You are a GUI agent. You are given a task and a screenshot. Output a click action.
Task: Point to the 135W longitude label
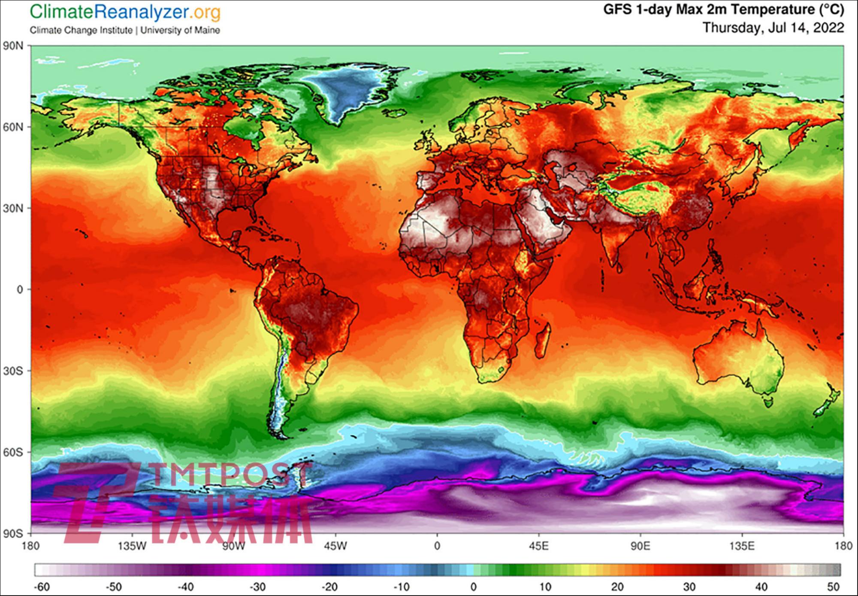(x=132, y=546)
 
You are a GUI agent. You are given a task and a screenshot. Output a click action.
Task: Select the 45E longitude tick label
(x=539, y=546)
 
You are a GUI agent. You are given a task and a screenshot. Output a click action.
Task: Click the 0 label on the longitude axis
(x=437, y=546)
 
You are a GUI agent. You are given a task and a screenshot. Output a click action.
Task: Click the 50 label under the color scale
(x=833, y=587)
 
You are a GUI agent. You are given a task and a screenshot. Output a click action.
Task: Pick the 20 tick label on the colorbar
(x=617, y=587)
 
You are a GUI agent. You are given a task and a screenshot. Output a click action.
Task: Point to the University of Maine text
(x=180, y=30)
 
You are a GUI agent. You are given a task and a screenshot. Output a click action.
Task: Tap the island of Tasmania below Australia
(x=768, y=402)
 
